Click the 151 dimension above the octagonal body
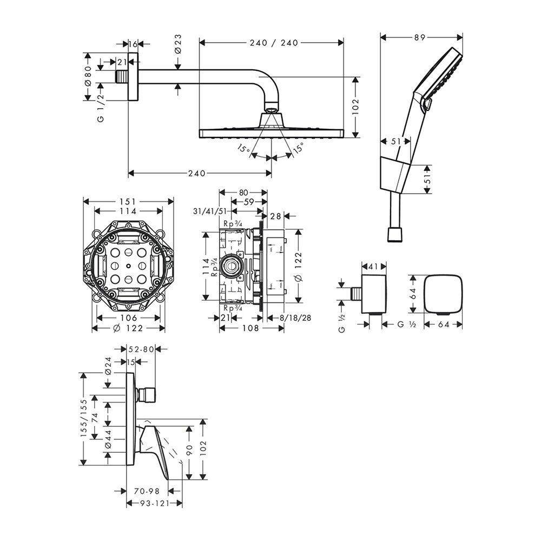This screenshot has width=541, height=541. (128, 201)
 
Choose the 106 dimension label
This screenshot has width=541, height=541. (128, 318)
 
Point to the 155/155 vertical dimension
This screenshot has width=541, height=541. (84, 419)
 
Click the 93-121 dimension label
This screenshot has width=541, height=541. (147, 503)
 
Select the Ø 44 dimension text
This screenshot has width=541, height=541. (108, 438)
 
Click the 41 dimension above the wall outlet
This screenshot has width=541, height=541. (374, 266)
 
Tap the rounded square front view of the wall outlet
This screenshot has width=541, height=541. (443, 294)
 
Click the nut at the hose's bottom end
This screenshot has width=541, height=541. (395, 234)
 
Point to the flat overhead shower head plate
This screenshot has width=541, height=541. (271, 132)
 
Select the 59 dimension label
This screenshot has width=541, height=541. (249, 202)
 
